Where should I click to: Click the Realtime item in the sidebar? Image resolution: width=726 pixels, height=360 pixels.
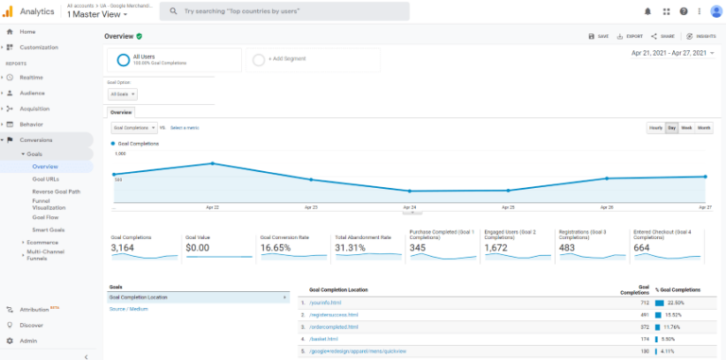tap(30, 77)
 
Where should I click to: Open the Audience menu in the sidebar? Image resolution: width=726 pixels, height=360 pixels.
tap(32, 93)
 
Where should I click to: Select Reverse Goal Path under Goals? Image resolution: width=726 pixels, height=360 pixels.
tap(56, 191)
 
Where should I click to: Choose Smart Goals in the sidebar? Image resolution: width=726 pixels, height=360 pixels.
tap(48, 230)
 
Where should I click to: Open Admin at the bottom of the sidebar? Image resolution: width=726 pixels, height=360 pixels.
tap(29, 340)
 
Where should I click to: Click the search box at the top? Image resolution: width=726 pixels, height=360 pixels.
tap(284, 11)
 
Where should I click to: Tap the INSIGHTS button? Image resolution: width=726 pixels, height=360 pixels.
tap(700, 36)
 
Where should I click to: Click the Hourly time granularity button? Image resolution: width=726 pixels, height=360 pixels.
tap(655, 128)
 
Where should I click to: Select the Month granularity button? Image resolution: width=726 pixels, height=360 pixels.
tap(704, 128)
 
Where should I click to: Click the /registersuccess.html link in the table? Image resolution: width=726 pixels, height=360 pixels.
tap(334, 314)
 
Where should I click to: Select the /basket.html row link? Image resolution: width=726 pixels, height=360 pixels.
tap(324, 338)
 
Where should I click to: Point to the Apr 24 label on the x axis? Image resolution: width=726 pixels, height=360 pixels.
tap(409, 206)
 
